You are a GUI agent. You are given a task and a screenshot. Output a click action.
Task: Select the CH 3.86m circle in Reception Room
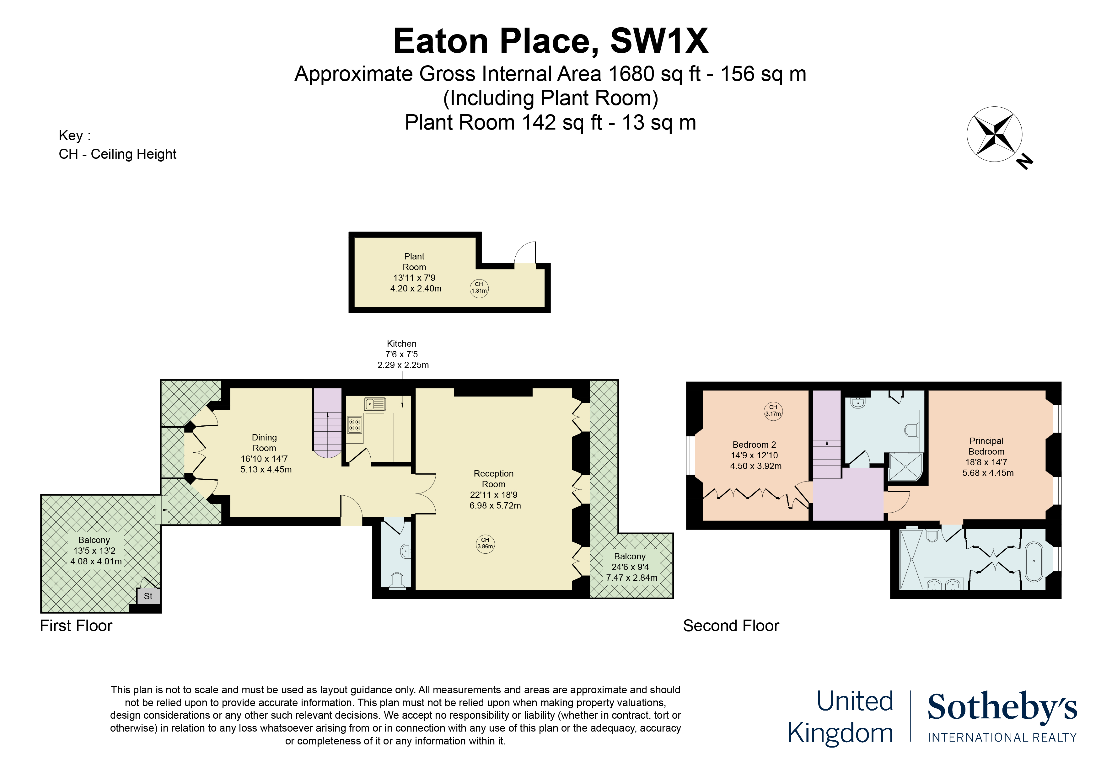pyautogui.click(x=485, y=544)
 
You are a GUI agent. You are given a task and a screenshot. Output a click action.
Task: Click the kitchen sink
pyautogui.click(x=374, y=405)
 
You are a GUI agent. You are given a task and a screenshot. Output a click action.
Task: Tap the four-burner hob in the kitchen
pyautogui.click(x=354, y=425)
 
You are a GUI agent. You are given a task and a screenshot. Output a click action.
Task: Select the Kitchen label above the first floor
pyautogui.click(x=401, y=344)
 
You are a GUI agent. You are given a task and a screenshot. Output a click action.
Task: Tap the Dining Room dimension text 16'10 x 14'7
pyautogui.click(x=264, y=459)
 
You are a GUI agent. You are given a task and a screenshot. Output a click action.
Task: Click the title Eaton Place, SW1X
pyautogui.click(x=550, y=41)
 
